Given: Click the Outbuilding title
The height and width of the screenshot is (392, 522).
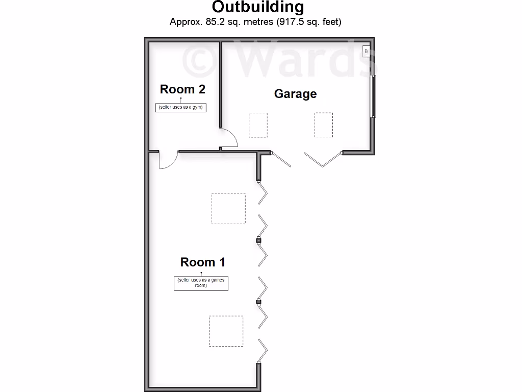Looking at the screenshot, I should click(258, 7).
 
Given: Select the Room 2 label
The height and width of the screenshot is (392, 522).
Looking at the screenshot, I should click(182, 89).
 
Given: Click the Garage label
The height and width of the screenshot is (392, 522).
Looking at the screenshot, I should click(295, 94).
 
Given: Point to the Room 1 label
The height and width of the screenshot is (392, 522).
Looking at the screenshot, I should click(202, 262).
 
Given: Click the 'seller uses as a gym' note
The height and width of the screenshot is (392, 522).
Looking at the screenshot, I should click(181, 107).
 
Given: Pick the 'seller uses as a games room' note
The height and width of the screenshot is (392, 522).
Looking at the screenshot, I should click(201, 283).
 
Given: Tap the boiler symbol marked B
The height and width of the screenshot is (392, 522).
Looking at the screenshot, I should click(366, 52).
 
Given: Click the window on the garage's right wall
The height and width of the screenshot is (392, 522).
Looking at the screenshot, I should click(373, 96).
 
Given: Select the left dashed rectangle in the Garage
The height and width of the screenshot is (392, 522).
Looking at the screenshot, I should click(258, 125).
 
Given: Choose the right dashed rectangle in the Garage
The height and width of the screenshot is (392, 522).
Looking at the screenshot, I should click(324, 125).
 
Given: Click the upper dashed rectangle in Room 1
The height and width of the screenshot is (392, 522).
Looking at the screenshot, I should click(228, 208).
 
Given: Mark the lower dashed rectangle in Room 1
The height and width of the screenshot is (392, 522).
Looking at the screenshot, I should click(226, 331).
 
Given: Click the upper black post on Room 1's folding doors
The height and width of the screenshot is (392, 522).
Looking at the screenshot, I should click(258, 241).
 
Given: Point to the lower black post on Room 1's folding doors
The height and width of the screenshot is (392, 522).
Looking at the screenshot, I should click(258, 302).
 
